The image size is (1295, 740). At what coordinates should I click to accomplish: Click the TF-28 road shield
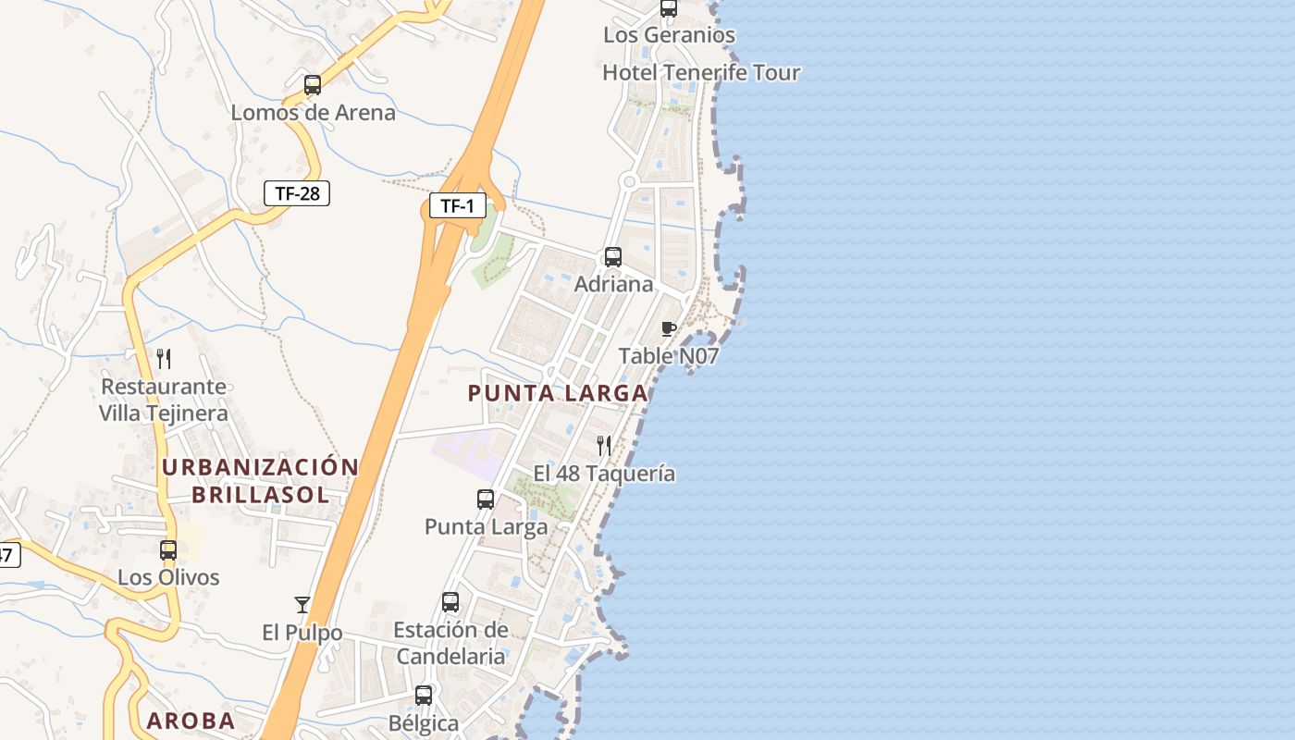coord(297,193)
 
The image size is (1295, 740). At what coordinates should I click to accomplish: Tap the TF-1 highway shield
coord(457,205)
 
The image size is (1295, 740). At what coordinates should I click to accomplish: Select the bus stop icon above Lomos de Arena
coord(313,85)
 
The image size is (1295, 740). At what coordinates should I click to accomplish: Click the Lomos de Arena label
coord(313,113)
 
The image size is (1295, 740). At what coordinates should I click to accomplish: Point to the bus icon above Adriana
coord(612,257)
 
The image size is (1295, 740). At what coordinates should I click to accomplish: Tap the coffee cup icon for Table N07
coord(669,328)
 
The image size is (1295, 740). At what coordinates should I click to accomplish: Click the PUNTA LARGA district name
coord(557,393)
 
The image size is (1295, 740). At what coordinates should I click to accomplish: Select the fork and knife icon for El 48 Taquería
coord(604,446)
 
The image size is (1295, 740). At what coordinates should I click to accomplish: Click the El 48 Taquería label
coord(604,474)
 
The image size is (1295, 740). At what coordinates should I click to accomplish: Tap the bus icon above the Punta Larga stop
coord(486,499)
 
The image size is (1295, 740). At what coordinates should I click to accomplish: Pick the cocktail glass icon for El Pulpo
coord(302,605)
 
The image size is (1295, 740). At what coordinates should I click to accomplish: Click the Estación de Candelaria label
coord(450,643)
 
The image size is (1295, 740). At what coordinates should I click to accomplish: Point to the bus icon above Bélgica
coord(424,696)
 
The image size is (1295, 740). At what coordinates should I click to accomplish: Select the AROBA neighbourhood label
coord(191,721)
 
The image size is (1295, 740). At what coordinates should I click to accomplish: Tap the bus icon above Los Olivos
coord(168,550)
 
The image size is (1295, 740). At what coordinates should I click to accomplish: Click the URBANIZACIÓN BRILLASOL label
coord(260,480)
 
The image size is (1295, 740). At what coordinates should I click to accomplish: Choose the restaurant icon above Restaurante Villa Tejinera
coord(164,359)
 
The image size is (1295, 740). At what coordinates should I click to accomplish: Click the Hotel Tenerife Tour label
coord(701,72)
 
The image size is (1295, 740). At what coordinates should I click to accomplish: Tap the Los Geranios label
coord(669,35)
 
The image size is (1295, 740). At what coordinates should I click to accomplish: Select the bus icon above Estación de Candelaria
coord(450,602)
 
